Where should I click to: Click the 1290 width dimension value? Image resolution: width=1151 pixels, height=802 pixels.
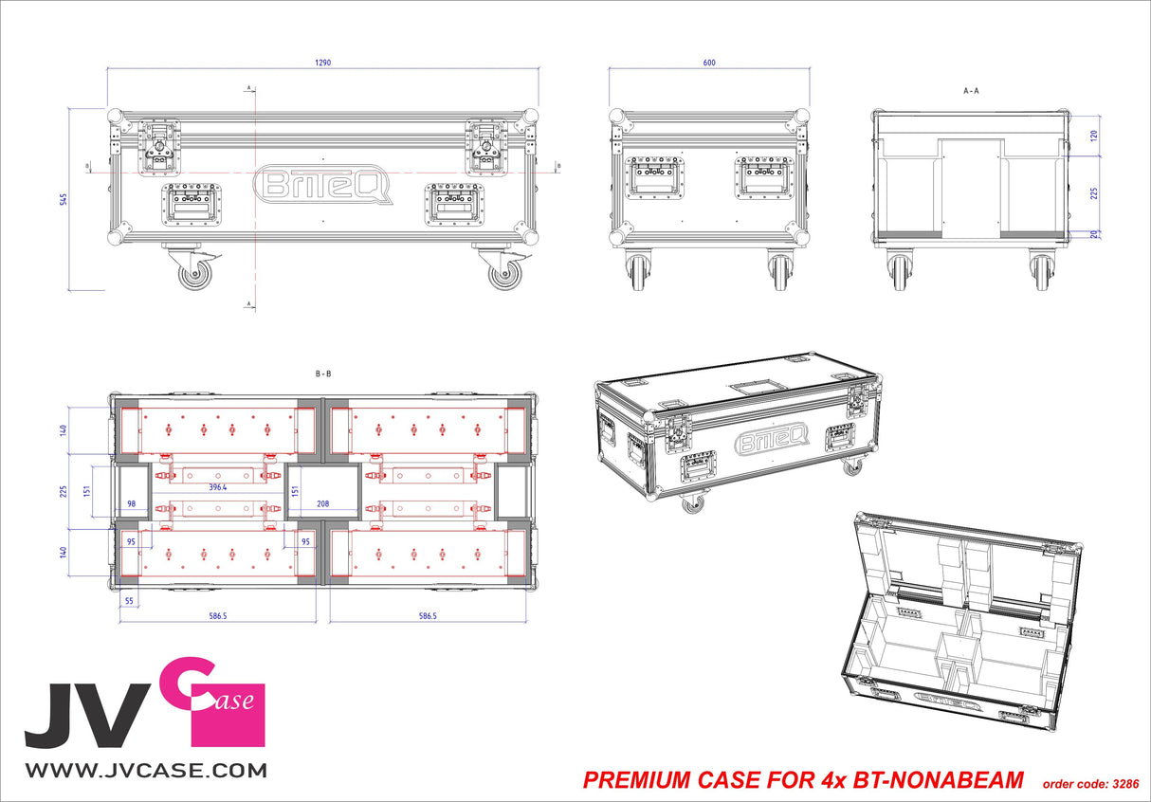[x=324, y=63]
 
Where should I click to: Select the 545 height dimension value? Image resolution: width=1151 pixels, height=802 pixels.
[x=63, y=199]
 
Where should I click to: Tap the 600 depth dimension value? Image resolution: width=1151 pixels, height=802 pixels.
[x=709, y=63]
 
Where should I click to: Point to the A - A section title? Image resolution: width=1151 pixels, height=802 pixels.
[x=970, y=91]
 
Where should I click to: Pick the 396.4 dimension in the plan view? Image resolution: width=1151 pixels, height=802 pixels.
[x=218, y=487]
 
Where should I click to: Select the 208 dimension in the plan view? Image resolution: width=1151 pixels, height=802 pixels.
[x=322, y=504]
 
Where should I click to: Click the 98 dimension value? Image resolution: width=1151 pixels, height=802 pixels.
[x=132, y=504]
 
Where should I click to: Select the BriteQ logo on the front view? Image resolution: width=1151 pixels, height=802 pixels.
[x=323, y=185]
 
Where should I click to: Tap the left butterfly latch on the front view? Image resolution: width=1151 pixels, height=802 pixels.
[x=158, y=147]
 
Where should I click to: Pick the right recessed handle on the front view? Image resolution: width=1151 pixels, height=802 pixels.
[x=454, y=204]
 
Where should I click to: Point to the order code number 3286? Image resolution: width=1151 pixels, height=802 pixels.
[x=1124, y=784]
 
